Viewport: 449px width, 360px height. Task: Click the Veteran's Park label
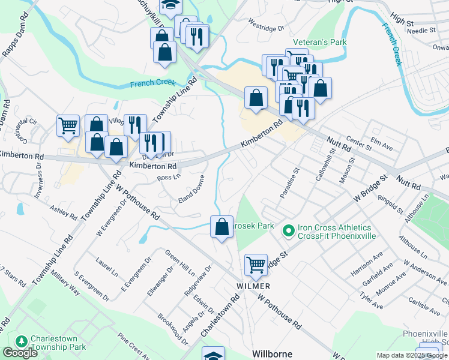click(326, 43)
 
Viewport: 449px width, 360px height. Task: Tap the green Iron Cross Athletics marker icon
click(289, 230)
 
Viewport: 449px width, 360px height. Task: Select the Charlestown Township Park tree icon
click(22, 341)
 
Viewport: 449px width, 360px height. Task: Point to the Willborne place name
click(272, 353)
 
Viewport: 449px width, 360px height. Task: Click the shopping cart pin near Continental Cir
click(68, 125)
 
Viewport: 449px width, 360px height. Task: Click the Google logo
click(20, 353)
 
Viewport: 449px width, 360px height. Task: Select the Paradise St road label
click(289, 183)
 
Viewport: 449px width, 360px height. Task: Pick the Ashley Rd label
click(64, 212)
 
